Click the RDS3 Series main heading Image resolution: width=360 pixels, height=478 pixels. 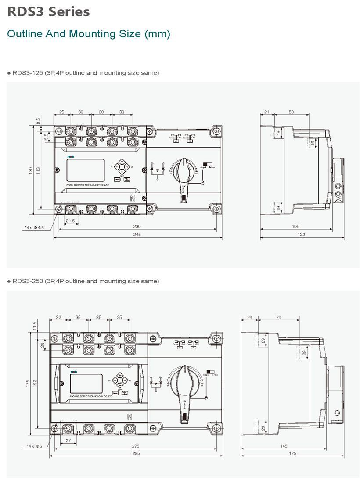48,12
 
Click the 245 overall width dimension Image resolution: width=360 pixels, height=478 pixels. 137,235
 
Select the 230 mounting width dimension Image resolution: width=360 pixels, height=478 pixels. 137,226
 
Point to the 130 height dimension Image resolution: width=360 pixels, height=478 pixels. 31,170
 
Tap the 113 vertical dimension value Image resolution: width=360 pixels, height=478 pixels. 38,170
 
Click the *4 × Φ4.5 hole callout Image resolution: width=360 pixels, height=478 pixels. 35,227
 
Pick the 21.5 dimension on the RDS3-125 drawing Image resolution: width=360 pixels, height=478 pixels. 70,221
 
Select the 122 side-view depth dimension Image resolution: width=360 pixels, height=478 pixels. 301,235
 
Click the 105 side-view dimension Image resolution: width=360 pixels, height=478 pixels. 295,226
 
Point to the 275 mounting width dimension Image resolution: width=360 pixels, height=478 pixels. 136,446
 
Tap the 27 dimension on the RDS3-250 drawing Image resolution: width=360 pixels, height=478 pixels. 68,440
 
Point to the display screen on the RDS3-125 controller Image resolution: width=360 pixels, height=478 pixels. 85,170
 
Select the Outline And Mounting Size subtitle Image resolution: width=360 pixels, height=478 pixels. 89,34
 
